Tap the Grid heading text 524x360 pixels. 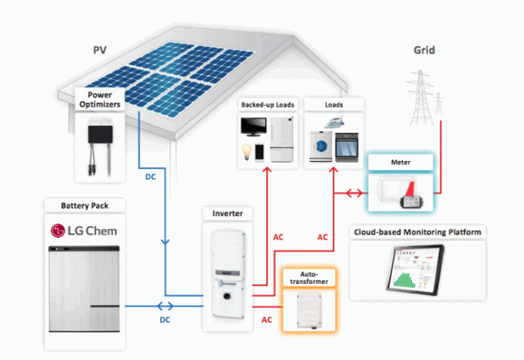(x=424, y=50)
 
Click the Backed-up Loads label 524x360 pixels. (x=267, y=105)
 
